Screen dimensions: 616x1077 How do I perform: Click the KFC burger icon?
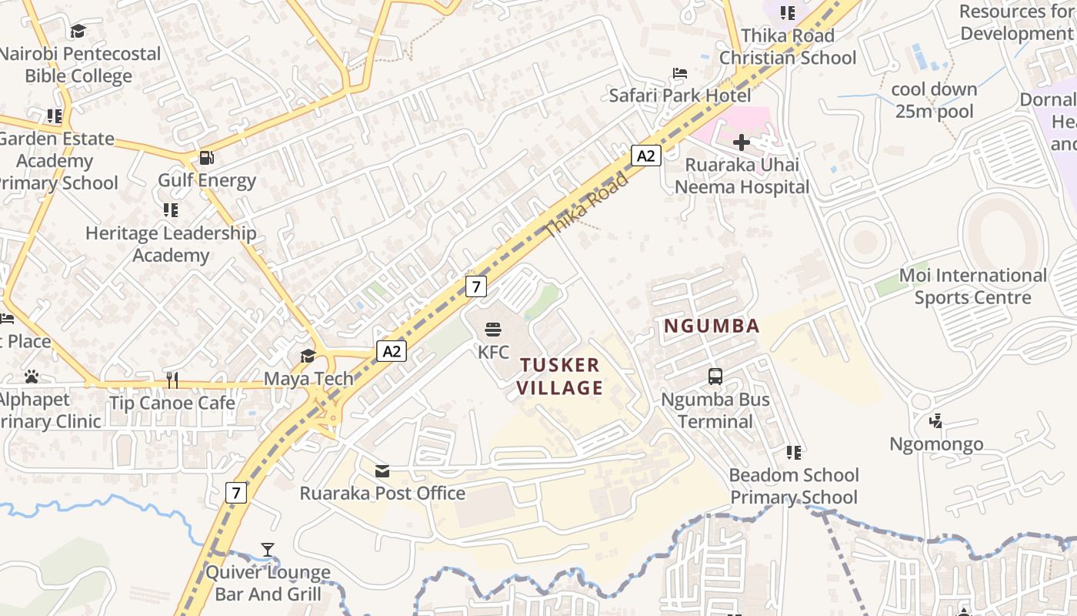coord(493,330)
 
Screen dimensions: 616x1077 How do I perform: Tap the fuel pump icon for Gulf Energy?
coord(206,158)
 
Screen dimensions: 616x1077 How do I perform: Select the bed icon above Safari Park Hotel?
coord(680,74)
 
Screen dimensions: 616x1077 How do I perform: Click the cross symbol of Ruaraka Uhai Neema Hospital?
coord(742,142)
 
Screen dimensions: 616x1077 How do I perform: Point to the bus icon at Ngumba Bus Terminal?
coord(715,377)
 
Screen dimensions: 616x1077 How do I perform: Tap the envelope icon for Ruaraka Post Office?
coord(382,470)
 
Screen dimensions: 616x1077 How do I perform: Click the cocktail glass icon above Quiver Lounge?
coord(268,550)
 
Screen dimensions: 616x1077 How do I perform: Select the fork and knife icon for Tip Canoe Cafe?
coord(172,380)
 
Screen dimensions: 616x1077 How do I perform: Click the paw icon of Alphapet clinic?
coord(32,377)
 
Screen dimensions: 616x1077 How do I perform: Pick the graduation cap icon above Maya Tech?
coord(308,356)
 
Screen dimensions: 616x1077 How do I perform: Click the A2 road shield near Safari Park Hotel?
coord(646,156)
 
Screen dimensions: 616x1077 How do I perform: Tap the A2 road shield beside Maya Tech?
coord(392,351)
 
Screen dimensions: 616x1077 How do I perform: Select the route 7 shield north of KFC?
coord(476,286)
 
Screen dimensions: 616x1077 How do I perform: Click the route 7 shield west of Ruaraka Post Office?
coord(236,492)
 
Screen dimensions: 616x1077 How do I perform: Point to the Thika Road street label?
coord(587,205)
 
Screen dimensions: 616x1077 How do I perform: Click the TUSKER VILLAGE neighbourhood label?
coord(559,376)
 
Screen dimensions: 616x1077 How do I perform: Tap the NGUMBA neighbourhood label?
coord(712,326)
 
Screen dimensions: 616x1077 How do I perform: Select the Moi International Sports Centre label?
coord(973,286)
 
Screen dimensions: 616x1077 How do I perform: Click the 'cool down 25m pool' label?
coord(934,100)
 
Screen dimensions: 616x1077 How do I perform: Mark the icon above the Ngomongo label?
coord(936,421)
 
